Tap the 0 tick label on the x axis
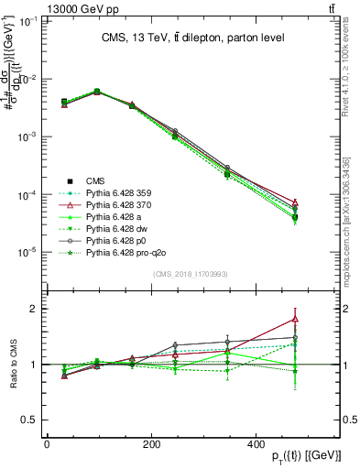pos(47,444)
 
